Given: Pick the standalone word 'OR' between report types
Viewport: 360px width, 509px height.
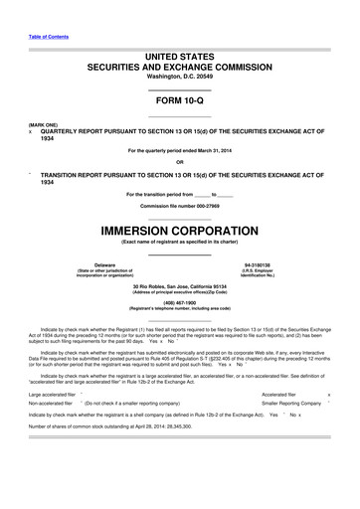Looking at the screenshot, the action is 179,162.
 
